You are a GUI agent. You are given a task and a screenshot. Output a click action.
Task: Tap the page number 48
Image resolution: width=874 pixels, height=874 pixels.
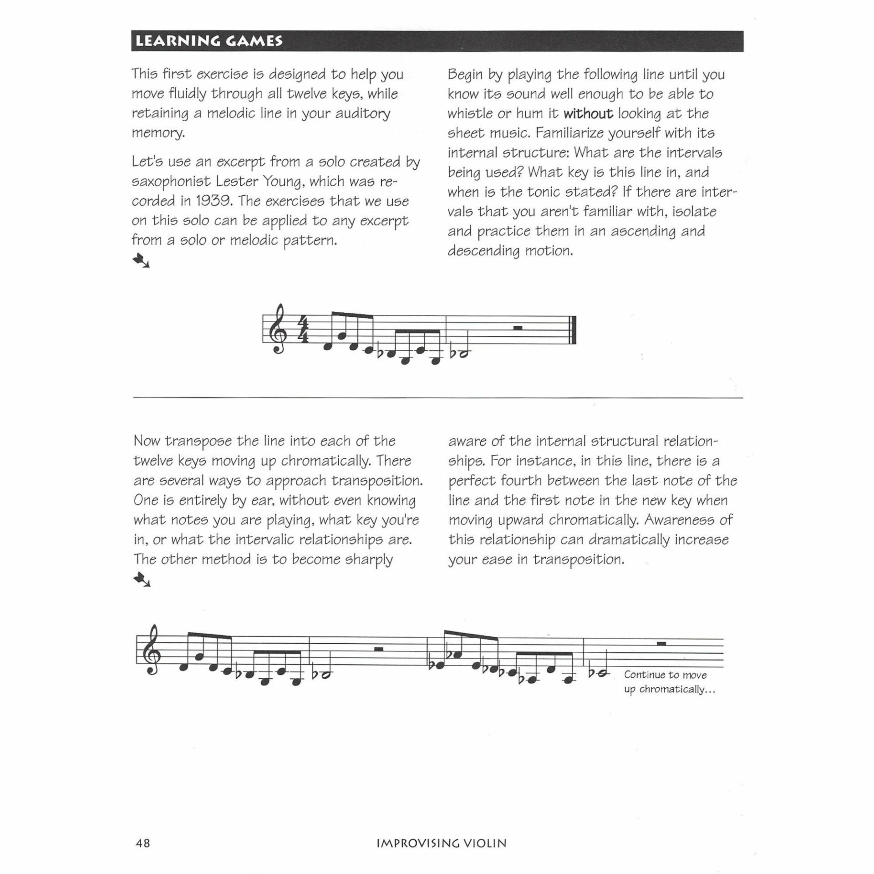(x=143, y=843)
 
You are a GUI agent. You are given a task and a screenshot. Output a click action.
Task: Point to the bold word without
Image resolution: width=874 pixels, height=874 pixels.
(x=588, y=113)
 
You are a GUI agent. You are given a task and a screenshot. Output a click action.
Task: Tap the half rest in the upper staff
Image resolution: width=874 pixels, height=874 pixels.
(x=517, y=327)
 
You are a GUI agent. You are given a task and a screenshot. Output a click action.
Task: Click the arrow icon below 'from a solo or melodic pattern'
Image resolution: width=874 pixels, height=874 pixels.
(x=141, y=261)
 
